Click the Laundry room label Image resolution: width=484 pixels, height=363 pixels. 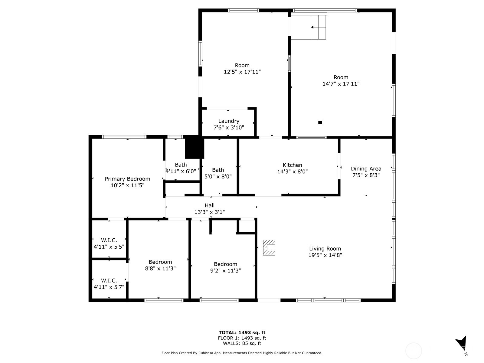(229, 121)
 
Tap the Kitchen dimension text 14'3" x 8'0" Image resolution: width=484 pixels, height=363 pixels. (293, 172)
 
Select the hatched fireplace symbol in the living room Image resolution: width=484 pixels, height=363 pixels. (269, 248)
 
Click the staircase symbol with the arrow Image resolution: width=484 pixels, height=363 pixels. (319, 27)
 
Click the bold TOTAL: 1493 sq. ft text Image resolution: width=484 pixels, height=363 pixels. (242, 332)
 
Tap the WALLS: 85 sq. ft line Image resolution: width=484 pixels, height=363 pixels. (242, 343)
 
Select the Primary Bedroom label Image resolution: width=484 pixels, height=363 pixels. (127, 179)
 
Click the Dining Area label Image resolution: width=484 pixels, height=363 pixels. (366, 168)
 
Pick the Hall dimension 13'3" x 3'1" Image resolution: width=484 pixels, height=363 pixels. (209, 212)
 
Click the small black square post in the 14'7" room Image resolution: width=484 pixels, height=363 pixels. (320, 123)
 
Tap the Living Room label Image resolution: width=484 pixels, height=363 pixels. (325, 249)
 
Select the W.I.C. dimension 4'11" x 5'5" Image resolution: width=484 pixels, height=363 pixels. (109, 247)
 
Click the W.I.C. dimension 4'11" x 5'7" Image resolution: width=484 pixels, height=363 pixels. (109, 287)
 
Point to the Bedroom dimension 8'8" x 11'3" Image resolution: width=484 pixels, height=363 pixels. (160, 268)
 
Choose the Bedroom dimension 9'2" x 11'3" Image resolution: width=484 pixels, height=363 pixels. (225, 271)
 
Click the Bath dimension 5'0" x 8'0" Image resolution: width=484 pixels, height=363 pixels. (218, 177)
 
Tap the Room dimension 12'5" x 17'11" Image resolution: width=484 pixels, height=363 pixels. (242, 72)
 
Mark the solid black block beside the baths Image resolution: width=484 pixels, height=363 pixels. (194, 147)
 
